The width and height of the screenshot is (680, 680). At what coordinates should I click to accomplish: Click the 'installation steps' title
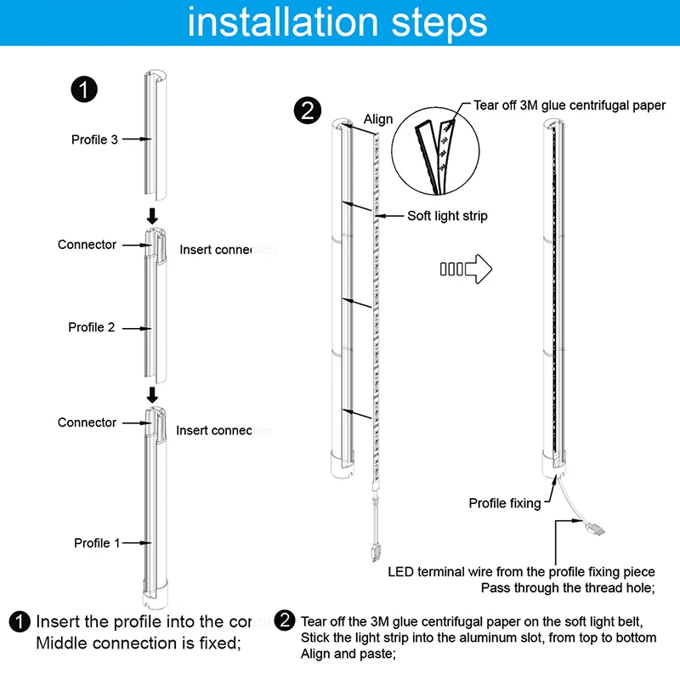337,22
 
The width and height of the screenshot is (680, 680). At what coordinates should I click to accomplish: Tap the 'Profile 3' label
94,139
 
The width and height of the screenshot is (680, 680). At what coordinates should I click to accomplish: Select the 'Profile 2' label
92,327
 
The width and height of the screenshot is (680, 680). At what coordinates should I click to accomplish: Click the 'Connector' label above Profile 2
87,245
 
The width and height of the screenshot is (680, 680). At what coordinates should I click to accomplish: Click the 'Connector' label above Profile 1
87,422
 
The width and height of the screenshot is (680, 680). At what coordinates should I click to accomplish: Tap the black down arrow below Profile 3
153,216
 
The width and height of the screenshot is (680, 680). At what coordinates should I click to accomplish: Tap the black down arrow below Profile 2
153,394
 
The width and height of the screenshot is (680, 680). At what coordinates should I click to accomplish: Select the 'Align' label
378,119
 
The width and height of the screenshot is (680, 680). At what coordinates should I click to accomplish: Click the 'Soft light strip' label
447,216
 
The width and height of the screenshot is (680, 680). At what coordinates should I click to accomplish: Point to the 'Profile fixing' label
504,503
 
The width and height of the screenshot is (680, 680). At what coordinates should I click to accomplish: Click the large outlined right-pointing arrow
467,269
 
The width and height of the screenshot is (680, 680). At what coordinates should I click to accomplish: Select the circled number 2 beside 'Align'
305,111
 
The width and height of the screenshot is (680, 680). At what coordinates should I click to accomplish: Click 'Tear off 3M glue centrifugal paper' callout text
569,106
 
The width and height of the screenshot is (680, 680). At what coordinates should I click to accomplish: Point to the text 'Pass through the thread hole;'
569,587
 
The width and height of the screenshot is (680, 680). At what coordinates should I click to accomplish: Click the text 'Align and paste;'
349,654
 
